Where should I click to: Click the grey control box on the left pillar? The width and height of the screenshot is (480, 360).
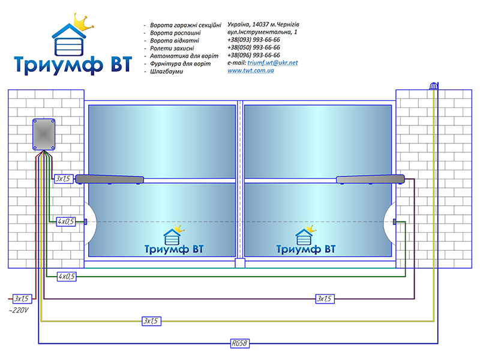44,134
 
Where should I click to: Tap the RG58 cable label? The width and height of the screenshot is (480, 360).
239,343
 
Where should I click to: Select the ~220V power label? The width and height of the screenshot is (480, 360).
19,310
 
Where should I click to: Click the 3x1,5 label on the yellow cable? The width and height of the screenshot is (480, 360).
151,321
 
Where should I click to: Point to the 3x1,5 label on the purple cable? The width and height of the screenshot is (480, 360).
325,298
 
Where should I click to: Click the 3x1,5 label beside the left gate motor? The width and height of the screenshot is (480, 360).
64,178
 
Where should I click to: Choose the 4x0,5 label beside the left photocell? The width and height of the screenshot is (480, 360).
66,221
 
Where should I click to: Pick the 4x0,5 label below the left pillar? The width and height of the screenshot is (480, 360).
67,277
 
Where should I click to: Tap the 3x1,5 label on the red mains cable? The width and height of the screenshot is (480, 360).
22,298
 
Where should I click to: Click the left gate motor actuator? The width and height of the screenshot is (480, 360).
110,179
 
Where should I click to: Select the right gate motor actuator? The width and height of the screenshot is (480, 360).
370,179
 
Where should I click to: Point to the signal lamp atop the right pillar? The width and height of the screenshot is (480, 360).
434,86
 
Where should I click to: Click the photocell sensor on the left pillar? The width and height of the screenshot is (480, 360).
85,221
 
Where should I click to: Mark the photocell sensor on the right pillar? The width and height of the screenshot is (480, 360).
394,221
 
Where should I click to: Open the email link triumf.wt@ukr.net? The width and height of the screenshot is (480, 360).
272,63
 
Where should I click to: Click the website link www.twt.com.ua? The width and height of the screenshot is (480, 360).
250,70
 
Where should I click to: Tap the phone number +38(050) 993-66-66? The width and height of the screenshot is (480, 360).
253,47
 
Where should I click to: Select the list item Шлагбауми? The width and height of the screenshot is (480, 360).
166,71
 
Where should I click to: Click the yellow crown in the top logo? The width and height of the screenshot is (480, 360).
83,22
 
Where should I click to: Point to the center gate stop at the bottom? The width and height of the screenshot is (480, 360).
240,263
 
